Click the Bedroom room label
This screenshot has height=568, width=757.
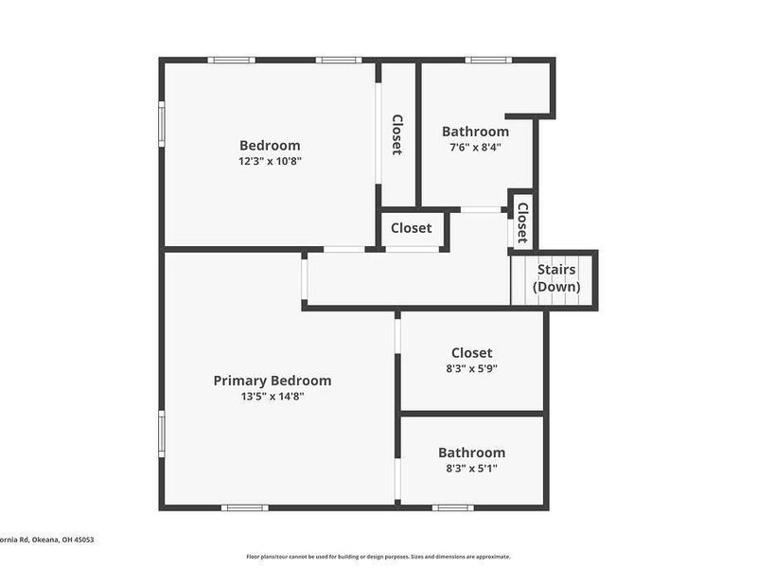point(270,145)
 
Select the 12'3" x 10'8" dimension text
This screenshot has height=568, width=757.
point(270,161)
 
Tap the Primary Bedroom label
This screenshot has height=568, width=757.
point(273,381)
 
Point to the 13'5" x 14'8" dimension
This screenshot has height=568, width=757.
point(273,397)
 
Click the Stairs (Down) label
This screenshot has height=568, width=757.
point(556,278)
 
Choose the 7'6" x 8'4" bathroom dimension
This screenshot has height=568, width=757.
point(475,148)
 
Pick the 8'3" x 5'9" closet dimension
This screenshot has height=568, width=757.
point(471,369)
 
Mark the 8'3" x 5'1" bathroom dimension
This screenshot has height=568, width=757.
point(471,468)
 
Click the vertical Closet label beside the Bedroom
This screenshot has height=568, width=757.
point(397,134)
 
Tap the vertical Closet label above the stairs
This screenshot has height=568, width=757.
point(521,222)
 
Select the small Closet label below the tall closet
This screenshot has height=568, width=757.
point(412,228)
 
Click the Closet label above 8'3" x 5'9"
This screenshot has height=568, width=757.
point(471,353)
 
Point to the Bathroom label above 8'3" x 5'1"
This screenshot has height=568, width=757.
point(471,453)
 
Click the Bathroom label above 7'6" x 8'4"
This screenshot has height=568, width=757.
point(475,132)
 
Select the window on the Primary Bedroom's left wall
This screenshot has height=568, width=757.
point(162,434)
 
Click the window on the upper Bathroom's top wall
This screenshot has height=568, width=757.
point(488,61)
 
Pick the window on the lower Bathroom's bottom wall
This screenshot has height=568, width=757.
point(453,507)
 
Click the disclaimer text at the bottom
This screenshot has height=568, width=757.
point(378,557)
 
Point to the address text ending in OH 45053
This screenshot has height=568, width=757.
point(47,540)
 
